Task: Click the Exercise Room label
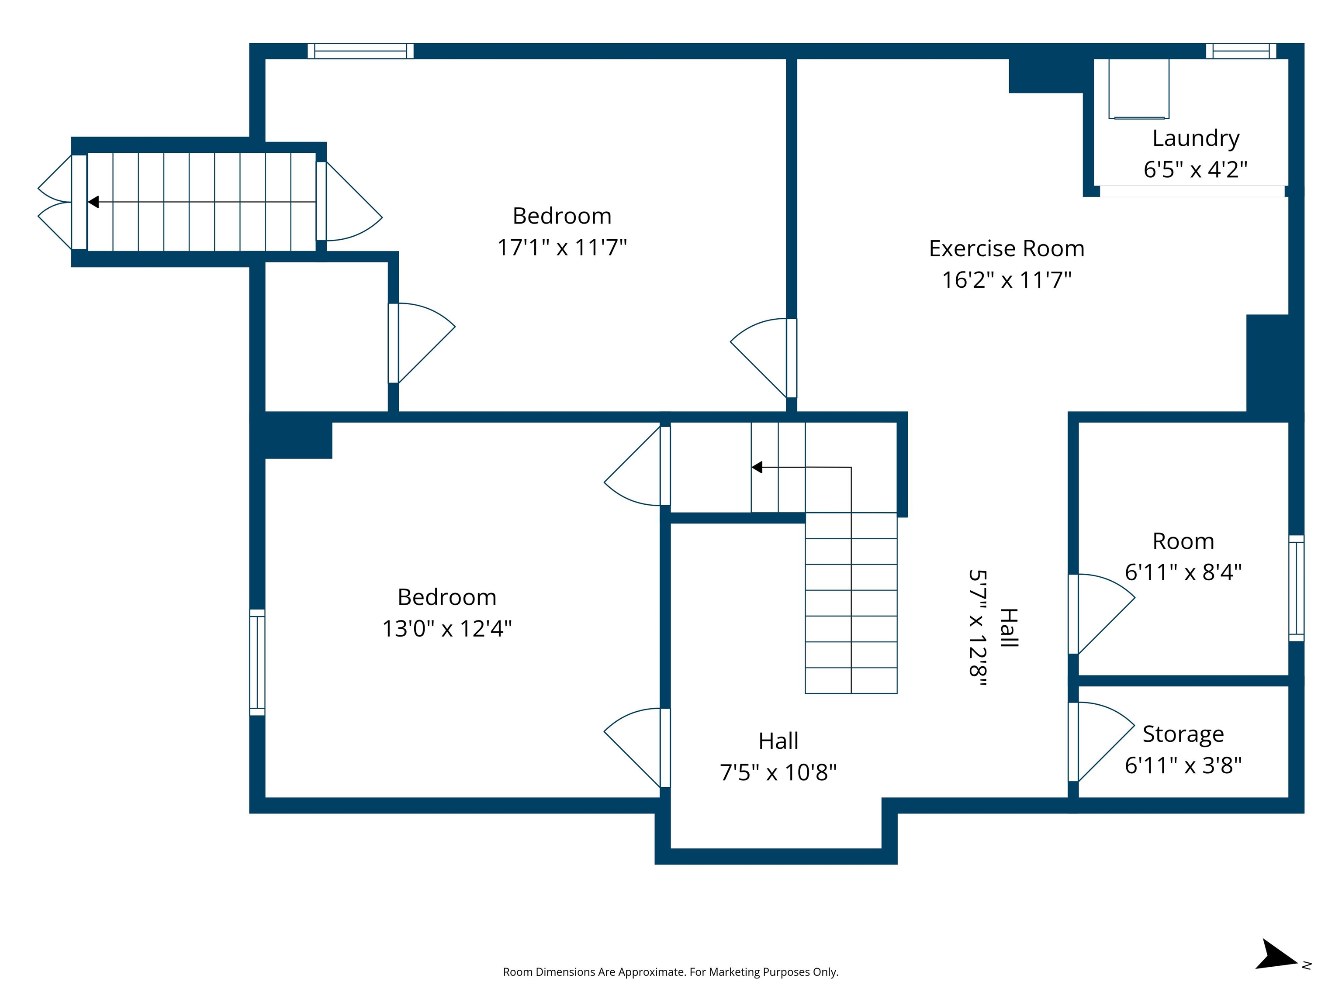pyautogui.click(x=1006, y=248)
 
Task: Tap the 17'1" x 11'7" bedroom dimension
pyautogui.click(x=562, y=248)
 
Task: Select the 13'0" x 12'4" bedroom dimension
pyautogui.click(x=446, y=629)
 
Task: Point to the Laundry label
pyautogui.click(x=1195, y=138)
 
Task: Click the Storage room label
pyautogui.click(x=1183, y=734)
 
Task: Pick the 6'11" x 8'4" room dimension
pyautogui.click(x=1183, y=572)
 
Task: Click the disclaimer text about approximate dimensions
pyautogui.click(x=671, y=972)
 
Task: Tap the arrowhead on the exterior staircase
pyautogui.click(x=93, y=202)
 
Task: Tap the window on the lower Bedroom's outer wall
pyautogui.click(x=257, y=662)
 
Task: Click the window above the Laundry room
pyautogui.click(x=1241, y=51)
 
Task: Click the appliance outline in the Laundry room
pyautogui.click(x=1138, y=89)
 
